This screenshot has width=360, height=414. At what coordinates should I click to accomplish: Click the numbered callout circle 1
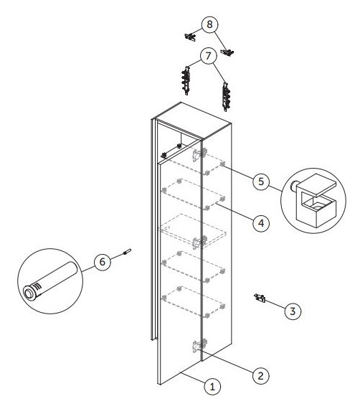click(212, 387)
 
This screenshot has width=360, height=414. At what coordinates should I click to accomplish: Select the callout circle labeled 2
click(261, 375)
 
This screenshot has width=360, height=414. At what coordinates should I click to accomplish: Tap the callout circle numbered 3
click(293, 311)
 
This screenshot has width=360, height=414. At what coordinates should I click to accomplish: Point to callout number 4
click(261, 223)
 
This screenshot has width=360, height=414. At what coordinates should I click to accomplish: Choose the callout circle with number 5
click(261, 182)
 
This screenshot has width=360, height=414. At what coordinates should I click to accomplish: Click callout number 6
click(103, 262)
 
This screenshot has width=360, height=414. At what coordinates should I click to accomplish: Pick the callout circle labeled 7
click(209, 56)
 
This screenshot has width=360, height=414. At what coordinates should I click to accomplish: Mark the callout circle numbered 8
click(209, 24)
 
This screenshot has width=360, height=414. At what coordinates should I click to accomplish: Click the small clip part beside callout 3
click(260, 298)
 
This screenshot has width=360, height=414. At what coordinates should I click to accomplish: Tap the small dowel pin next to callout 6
click(127, 251)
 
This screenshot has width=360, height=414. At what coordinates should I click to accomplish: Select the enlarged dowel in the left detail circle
click(50, 281)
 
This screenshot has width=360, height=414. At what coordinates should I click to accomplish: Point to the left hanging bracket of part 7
click(186, 81)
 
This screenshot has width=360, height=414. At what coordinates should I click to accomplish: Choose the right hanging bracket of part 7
click(226, 97)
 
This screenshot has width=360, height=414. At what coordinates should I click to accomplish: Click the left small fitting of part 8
click(190, 37)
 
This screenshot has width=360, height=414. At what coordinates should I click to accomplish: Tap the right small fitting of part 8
click(227, 52)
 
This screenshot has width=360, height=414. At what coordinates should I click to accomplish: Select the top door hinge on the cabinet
click(199, 155)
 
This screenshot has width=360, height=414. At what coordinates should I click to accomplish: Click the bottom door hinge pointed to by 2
click(199, 346)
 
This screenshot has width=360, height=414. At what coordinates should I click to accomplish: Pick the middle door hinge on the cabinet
click(199, 243)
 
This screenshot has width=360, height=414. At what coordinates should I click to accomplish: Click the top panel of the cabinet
click(193, 120)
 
